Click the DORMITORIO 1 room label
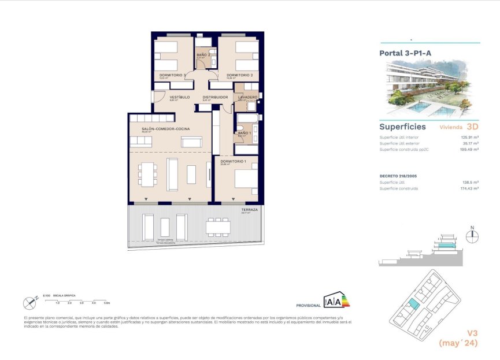[233, 161]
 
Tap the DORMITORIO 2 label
[239, 75]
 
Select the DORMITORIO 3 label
[172, 75]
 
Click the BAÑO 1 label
[243, 133]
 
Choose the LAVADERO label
[247, 97]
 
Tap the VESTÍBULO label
[180, 97]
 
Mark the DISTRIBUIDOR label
[215, 97]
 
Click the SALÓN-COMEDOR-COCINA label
[161, 129]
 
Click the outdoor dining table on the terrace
[218, 227]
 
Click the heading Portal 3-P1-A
[405, 53]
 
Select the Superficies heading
[402, 126]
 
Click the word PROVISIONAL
[308, 305]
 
